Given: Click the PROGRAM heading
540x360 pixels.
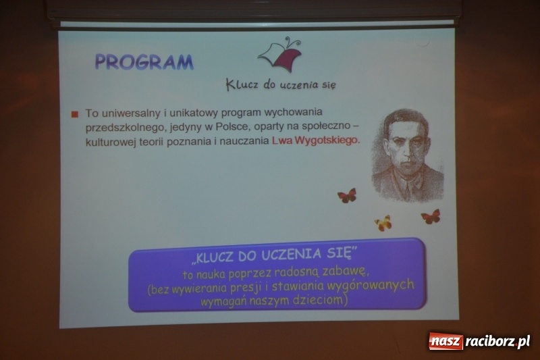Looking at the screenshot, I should coord(144,61).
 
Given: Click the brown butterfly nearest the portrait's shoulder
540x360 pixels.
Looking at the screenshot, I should coord(347,196).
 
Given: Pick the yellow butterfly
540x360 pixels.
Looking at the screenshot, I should coord(383,223).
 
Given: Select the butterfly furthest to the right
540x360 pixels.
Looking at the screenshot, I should coord(431,217).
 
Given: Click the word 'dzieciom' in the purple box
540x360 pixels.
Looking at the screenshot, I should coord(320,299).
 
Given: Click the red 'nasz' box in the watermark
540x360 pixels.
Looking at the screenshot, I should coord(446,341).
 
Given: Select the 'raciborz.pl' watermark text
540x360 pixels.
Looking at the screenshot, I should coord(497,341).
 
